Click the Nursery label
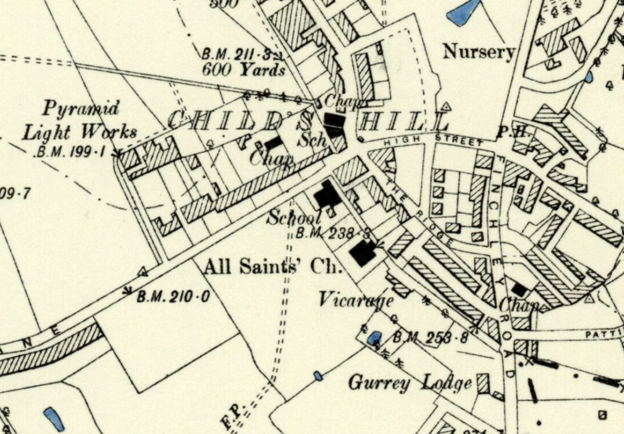tap(478, 52)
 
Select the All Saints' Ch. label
tap(271, 267)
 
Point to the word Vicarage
tap(356, 301)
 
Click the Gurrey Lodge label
tap(410, 383)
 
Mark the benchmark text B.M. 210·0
tap(173, 296)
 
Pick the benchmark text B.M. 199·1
tap(71, 152)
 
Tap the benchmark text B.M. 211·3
tap(236, 54)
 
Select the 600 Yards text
tap(243, 70)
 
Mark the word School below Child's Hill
tap(294, 217)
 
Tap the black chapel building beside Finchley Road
tap(519, 290)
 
